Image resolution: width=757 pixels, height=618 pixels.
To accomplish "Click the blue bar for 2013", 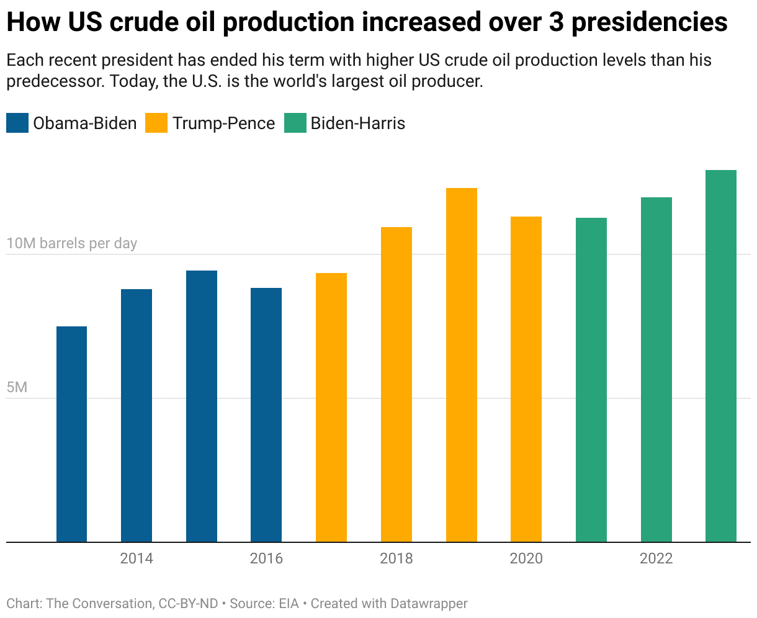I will pos(71,434).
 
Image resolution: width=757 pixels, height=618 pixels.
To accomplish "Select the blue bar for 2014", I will pos(137,415).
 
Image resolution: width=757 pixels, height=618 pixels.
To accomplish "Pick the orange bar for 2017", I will pos(331,407).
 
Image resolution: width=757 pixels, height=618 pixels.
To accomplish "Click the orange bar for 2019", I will pos(461,365).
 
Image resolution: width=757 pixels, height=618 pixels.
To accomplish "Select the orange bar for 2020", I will pos(526,379).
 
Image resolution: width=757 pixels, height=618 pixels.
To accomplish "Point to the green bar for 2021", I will pos(591,380).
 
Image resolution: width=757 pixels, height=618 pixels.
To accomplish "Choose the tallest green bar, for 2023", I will pos(721,356).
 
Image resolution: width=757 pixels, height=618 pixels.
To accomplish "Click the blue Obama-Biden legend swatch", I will pos(17,123).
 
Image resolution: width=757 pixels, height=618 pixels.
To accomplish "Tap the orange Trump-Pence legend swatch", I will pos(156,123).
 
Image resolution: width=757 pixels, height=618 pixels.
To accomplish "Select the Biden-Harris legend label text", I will pos(357,123).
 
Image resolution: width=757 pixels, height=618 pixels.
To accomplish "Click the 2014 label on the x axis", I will pos(137,558).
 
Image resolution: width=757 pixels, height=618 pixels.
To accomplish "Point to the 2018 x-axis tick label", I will pos(396,558).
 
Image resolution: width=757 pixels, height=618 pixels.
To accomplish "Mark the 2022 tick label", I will pos(656,558).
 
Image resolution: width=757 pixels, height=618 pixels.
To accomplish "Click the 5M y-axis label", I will pos(17,387).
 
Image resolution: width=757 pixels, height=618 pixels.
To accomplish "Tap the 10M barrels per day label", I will pos(71,243).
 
